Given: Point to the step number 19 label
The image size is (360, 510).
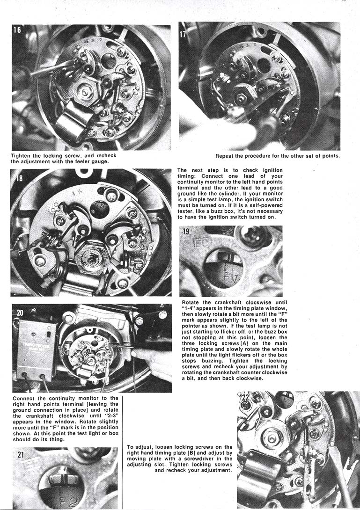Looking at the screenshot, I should click(x=186, y=231).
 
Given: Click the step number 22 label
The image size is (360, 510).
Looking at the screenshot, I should click(x=245, y=398).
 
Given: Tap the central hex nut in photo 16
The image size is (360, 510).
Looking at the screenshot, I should click(x=88, y=92).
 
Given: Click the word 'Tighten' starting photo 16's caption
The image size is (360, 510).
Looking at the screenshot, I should click(x=21, y=155).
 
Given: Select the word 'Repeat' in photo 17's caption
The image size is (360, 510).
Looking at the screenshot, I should click(x=226, y=155).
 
